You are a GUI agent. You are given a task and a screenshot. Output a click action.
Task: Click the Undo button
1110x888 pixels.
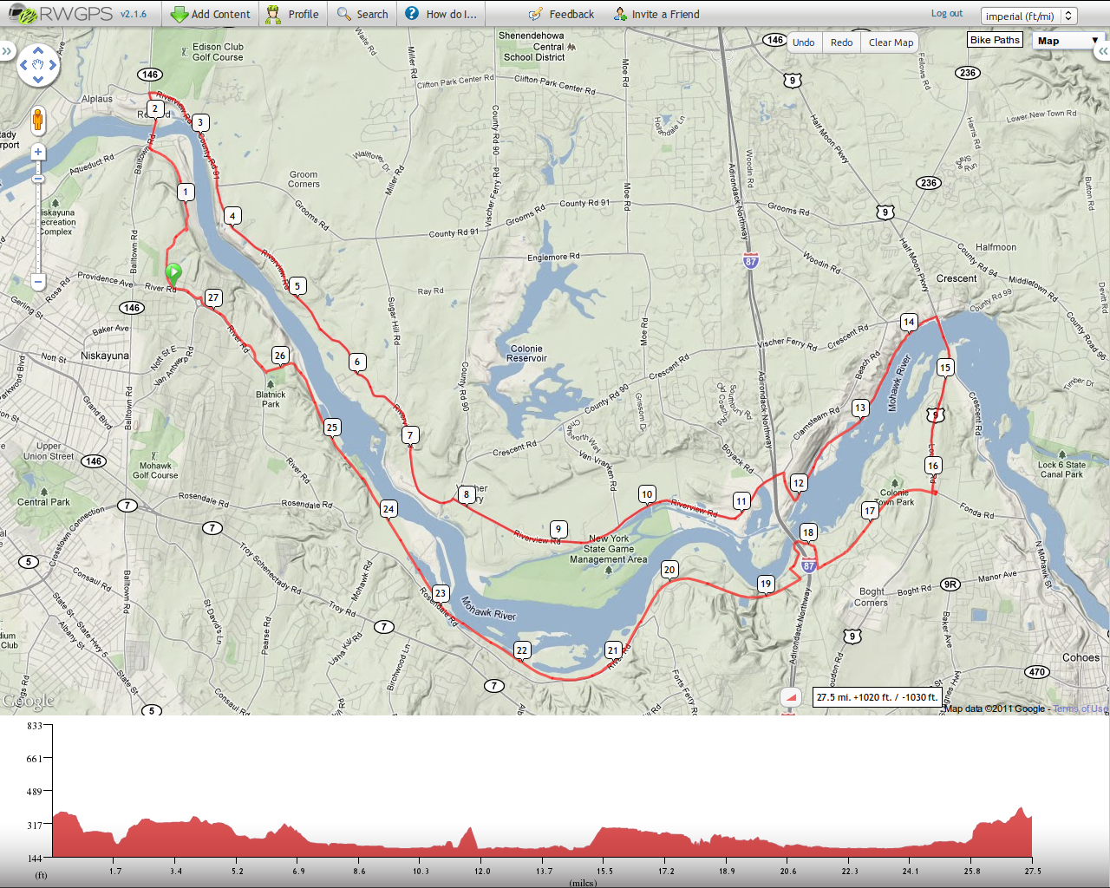pyautogui.click(x=803, y=42)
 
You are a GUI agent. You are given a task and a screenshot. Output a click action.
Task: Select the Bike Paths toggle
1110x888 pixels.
pyautogui.click(x=995, y=40)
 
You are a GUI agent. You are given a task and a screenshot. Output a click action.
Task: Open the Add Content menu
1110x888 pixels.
pyautogui.click(x=211, y=14)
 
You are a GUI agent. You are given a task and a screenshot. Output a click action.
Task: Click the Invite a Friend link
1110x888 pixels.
pyautogui.click(x=656, y=14)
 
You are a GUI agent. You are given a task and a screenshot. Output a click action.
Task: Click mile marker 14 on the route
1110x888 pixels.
pyautogui.click(x=909, y=322)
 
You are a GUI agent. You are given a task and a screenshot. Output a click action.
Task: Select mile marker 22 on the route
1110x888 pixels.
pyautogui.click(x=521, y=650)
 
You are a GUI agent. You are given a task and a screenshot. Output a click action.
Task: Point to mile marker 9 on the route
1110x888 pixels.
pyautogui.click(x=558, y=529)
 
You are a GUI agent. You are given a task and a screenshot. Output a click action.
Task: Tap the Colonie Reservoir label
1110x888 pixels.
pyautogui.click(x=526, y=353)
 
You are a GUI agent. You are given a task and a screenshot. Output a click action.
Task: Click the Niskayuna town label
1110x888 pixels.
pyautogui.click(x=104, y=356)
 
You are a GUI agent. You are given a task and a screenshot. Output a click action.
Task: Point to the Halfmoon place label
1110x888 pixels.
pyautogui.click(x=996, y=247)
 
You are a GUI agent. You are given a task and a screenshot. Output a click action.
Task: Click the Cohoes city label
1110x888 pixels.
pyautogui.click(x=1081, y=657)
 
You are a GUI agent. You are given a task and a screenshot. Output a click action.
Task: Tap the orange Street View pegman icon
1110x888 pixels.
pyautogui.click(x=37, y=120)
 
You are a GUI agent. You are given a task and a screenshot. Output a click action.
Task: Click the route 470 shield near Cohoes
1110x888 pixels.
pyautogui.click(x=1037, y=671)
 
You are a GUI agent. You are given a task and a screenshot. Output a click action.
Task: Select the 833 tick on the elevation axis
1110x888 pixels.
pyautogui.click(x=35, y=726)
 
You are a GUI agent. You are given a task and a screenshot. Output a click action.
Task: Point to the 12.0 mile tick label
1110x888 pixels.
pyautogui.click(x=482, y=871)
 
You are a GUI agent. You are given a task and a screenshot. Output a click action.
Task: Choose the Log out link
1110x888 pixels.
pyautogui.click(x=947, y=14)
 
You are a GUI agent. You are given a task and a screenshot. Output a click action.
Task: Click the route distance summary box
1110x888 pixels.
pyautogui.click(x=877, y=696)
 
